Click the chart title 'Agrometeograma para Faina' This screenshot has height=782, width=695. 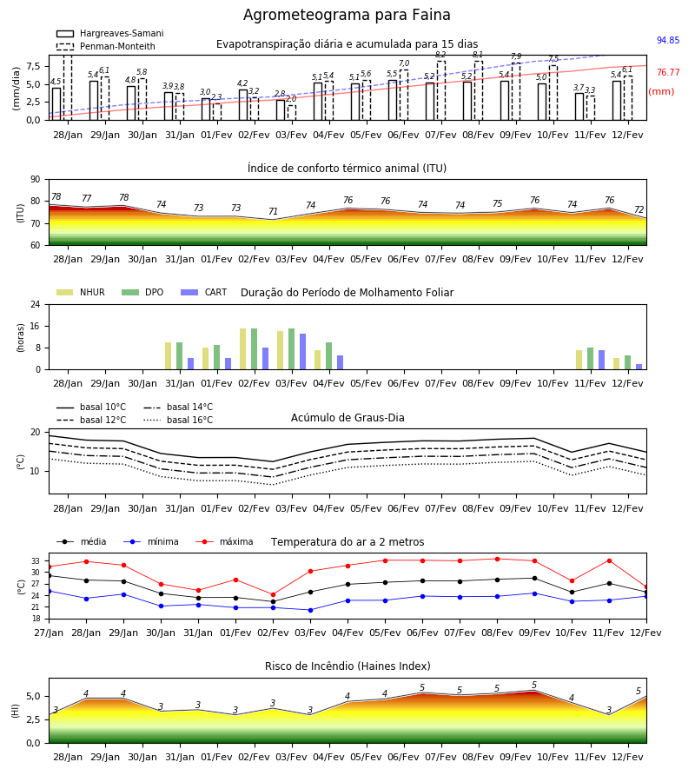[x=347, y=15]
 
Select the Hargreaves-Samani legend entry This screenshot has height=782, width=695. [x=109, y=33]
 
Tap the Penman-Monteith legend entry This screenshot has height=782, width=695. [x=106, y=46]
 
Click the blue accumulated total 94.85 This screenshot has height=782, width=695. [x=668, y=40]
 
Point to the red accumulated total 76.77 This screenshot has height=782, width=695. [x=668, y=72]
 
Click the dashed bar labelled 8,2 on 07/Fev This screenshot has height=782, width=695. [x=441, y=90]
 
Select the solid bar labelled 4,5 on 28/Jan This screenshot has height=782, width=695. [x=56, y=103]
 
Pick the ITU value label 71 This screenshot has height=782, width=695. [x=273, y=211]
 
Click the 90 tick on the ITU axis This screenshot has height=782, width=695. [x=36, y=180]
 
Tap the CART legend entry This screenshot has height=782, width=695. [x=204, y=292]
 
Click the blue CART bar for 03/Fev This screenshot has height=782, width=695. [x=302, y=352]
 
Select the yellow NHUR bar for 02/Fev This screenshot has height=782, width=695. [x=242, y=349]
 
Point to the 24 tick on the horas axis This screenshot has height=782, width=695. [x=36, y=305]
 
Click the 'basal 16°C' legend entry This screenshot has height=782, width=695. [x=178, y=420]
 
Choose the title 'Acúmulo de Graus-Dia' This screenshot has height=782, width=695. [x=347, y=418]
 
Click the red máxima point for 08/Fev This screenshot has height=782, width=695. [x=498, y=559]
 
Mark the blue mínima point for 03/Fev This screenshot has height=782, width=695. [x=311, y=610]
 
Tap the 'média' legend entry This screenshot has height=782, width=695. [x=82, y=541]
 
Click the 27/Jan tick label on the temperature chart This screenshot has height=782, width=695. [x=49, y=633]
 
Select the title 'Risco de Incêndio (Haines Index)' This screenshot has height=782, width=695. [x=347, y=666]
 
